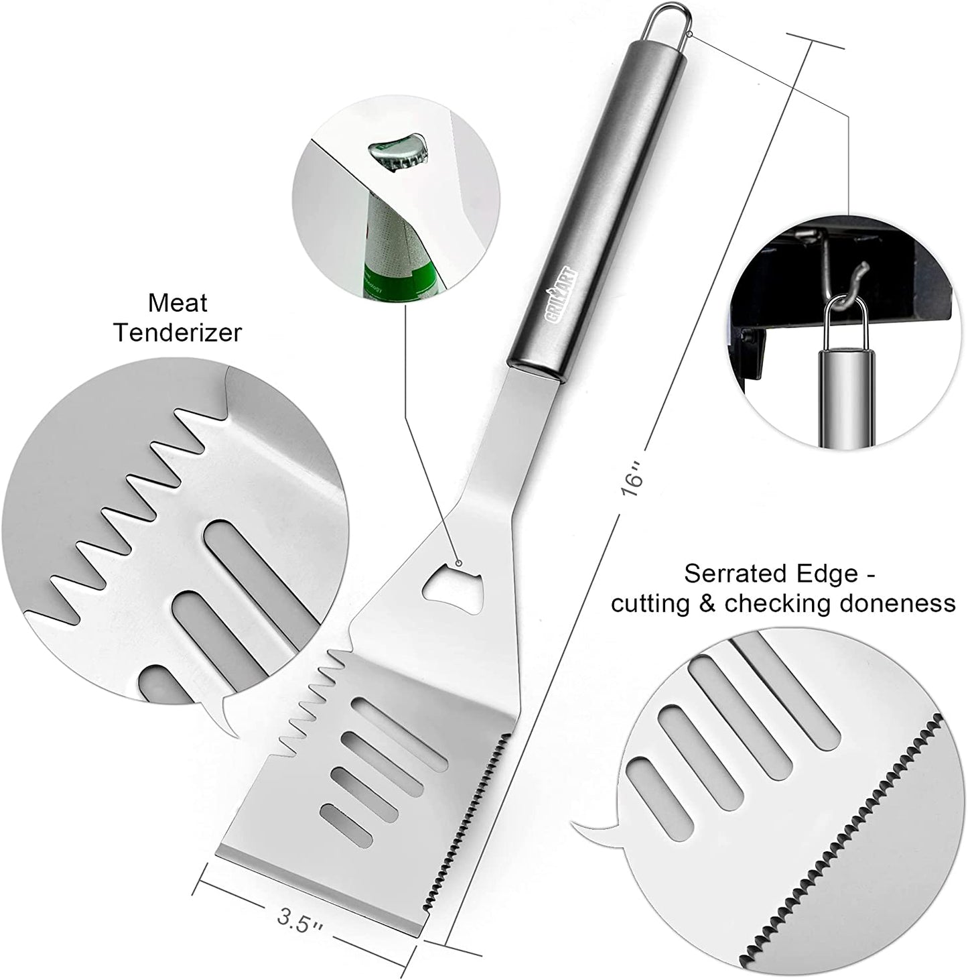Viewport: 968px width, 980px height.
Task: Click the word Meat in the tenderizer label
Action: (178, 303)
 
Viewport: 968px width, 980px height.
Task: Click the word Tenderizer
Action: (178, 333)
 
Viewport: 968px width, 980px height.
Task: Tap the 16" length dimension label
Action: (632, 480)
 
